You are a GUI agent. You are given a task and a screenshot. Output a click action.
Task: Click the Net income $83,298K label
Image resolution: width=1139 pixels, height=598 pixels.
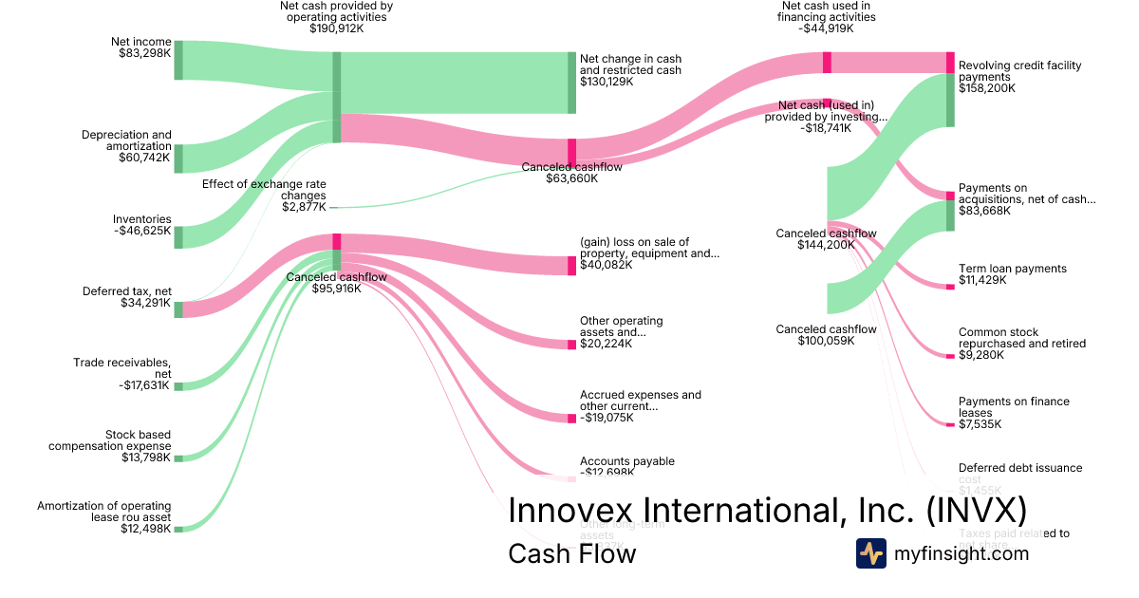coord(140,47)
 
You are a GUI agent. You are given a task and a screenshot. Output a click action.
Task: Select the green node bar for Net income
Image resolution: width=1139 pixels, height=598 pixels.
coord(178,61)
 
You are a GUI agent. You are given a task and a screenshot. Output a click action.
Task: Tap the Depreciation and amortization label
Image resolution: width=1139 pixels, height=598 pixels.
coord(126,146)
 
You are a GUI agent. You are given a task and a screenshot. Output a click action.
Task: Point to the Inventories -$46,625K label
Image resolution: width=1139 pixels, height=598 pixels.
coord(141,225)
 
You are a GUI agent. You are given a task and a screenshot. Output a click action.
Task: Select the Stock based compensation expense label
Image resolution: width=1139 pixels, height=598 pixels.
coord(110,446)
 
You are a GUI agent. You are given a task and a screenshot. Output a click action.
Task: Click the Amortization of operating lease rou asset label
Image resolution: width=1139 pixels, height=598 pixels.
coord(104,517)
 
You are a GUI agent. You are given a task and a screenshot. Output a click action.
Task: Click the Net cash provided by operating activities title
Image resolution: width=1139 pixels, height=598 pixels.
coord(336,17)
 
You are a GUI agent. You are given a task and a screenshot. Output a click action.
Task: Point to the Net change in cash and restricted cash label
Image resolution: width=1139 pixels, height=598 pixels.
coord(630,70)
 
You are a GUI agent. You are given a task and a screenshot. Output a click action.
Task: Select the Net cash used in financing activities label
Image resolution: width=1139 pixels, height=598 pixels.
coord(826,17)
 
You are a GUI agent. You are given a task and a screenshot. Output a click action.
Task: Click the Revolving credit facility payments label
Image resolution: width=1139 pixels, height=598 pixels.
coord(1019,77)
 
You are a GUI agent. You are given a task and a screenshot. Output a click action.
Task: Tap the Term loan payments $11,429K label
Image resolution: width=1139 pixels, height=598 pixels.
coord(1012,275)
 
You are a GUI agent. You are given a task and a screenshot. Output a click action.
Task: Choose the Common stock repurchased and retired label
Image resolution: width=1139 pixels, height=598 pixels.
coord(1021,344)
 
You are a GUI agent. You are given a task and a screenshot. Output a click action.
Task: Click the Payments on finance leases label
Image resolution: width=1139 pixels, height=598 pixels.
coord(1013,413)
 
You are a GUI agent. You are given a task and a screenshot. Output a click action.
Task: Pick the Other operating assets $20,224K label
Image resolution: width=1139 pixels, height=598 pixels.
coord(621,332)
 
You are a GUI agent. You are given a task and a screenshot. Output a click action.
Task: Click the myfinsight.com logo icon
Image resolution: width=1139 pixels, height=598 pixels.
coord(870,553)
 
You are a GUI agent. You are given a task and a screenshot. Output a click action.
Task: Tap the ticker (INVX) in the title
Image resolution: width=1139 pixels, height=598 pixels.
coord(977,510)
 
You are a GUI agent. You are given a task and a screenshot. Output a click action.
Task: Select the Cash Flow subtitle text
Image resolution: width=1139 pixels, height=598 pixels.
coord(571,553)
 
